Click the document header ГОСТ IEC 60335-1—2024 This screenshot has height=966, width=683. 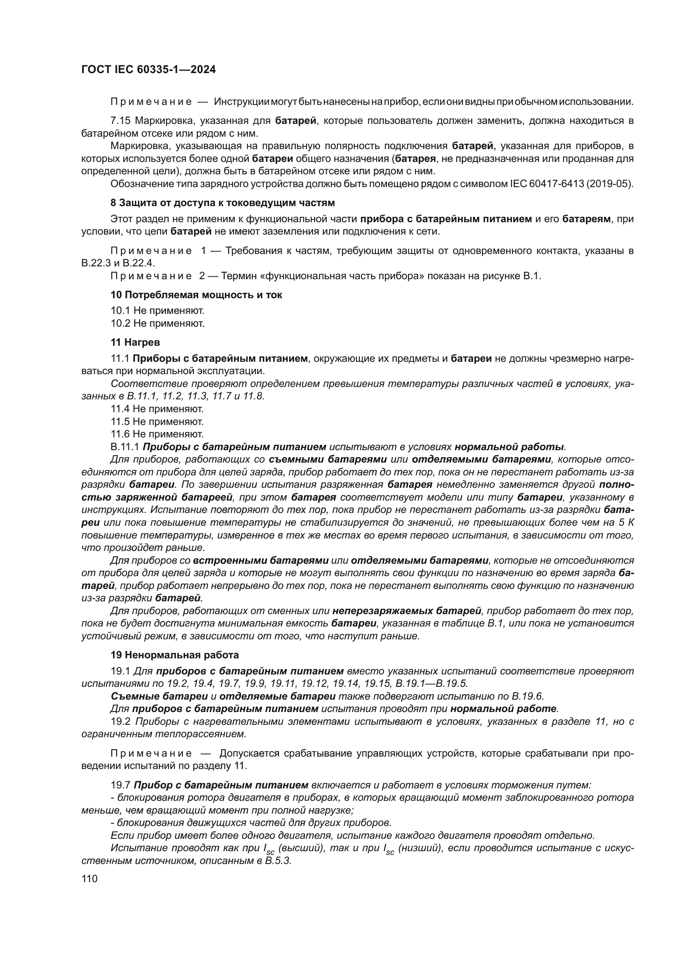[149, 70]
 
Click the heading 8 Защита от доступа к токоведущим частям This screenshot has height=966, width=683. [223, 203]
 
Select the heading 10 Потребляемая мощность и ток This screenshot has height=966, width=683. [196, 295]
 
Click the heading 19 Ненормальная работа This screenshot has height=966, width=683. [174, 655]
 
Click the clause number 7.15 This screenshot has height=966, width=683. [120, 121]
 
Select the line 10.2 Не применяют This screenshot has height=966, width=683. [157, 323]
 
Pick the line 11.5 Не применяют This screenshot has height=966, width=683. [157, 422]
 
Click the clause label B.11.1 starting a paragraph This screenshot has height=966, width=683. [124, 447]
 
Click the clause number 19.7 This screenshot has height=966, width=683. [120, 785]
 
